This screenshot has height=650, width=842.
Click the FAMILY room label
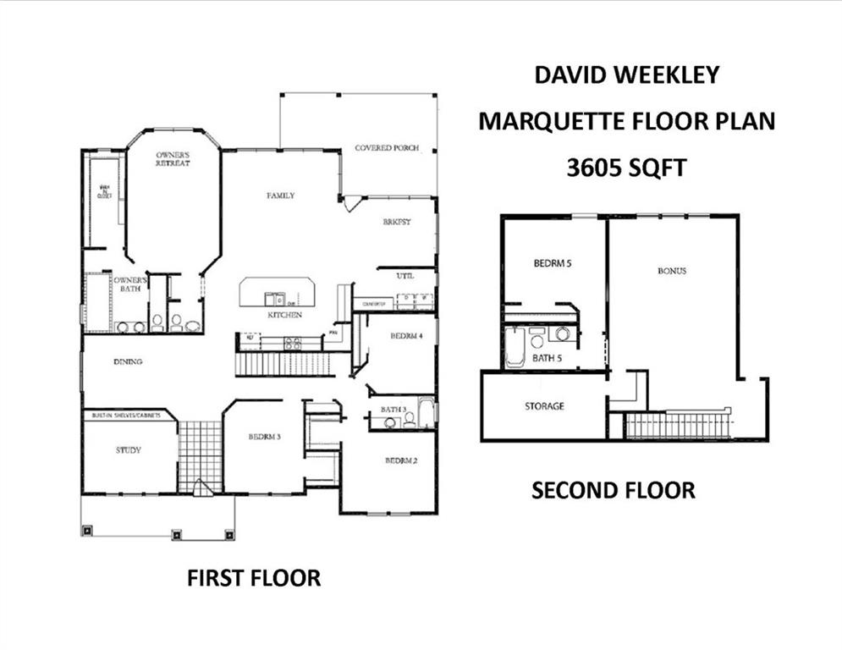coord(281,196)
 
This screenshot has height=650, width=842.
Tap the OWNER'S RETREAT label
coord(173,159)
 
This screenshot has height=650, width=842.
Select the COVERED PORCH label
coord(386,148)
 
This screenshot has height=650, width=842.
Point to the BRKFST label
coord(396,223)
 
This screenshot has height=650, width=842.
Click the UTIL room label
coord(405,276)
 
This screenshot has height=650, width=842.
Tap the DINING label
coord(128,362)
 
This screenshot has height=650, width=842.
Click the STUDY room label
coord(129,450)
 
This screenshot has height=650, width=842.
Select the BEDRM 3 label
coord(264,438)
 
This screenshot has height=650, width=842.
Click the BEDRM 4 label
coord(406,336)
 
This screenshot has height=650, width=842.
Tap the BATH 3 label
coord(393,410)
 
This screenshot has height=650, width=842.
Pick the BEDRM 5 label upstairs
coord(553,263)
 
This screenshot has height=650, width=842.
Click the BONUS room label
coord(672,272)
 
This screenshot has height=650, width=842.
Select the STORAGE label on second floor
coord(543,406)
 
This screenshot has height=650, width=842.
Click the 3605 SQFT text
coord(625,168)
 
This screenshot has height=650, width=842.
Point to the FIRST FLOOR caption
coord(253,579)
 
